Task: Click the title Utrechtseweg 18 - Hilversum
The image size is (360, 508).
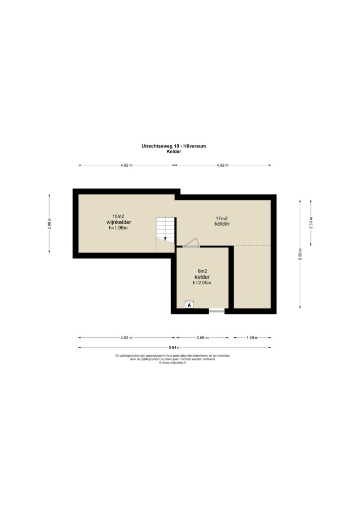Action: pyautogui.click(x=173, y=146)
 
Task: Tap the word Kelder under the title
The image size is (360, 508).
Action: pyautogui.click(x=173, y=151)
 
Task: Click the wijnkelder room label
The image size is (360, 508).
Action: pyautogui.click(x=119, y=222)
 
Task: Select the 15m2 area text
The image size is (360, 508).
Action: pyautogui.click(x=119, y=216)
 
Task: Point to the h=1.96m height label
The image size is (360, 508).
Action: pyautogui.click(x=118, y=228)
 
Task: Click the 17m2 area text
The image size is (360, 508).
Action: pyautogui.click(x=222, y=218)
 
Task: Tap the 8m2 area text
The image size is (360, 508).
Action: pyautogui.click(x=203, y=271)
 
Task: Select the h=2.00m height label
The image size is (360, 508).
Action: pyautogui.click(x=202, y=282)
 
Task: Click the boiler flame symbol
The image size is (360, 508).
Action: pyautogui.click(x=189, y=305)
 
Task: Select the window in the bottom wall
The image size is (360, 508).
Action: pyautogui.click(x=216, y=311)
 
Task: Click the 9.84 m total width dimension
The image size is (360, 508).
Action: pyautogui.click(x=174, y=348)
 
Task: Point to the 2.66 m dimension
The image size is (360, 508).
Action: pyautogui.click(x=203, y=337)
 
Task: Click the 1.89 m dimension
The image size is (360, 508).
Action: pyautogui.click(x=252, y=337)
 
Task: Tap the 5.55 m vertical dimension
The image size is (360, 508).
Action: pyautogui.click(x=300, y=254)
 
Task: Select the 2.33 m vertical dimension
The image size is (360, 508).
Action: pyautogui.click(x=311, y=223)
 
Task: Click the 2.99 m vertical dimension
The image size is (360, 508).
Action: pyautogui.click(x=49, y=224)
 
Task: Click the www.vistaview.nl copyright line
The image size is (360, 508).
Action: pyautogui.click(x=172, y=363)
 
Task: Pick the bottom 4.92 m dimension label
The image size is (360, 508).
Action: pyautogui.click(x=127, y=337)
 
